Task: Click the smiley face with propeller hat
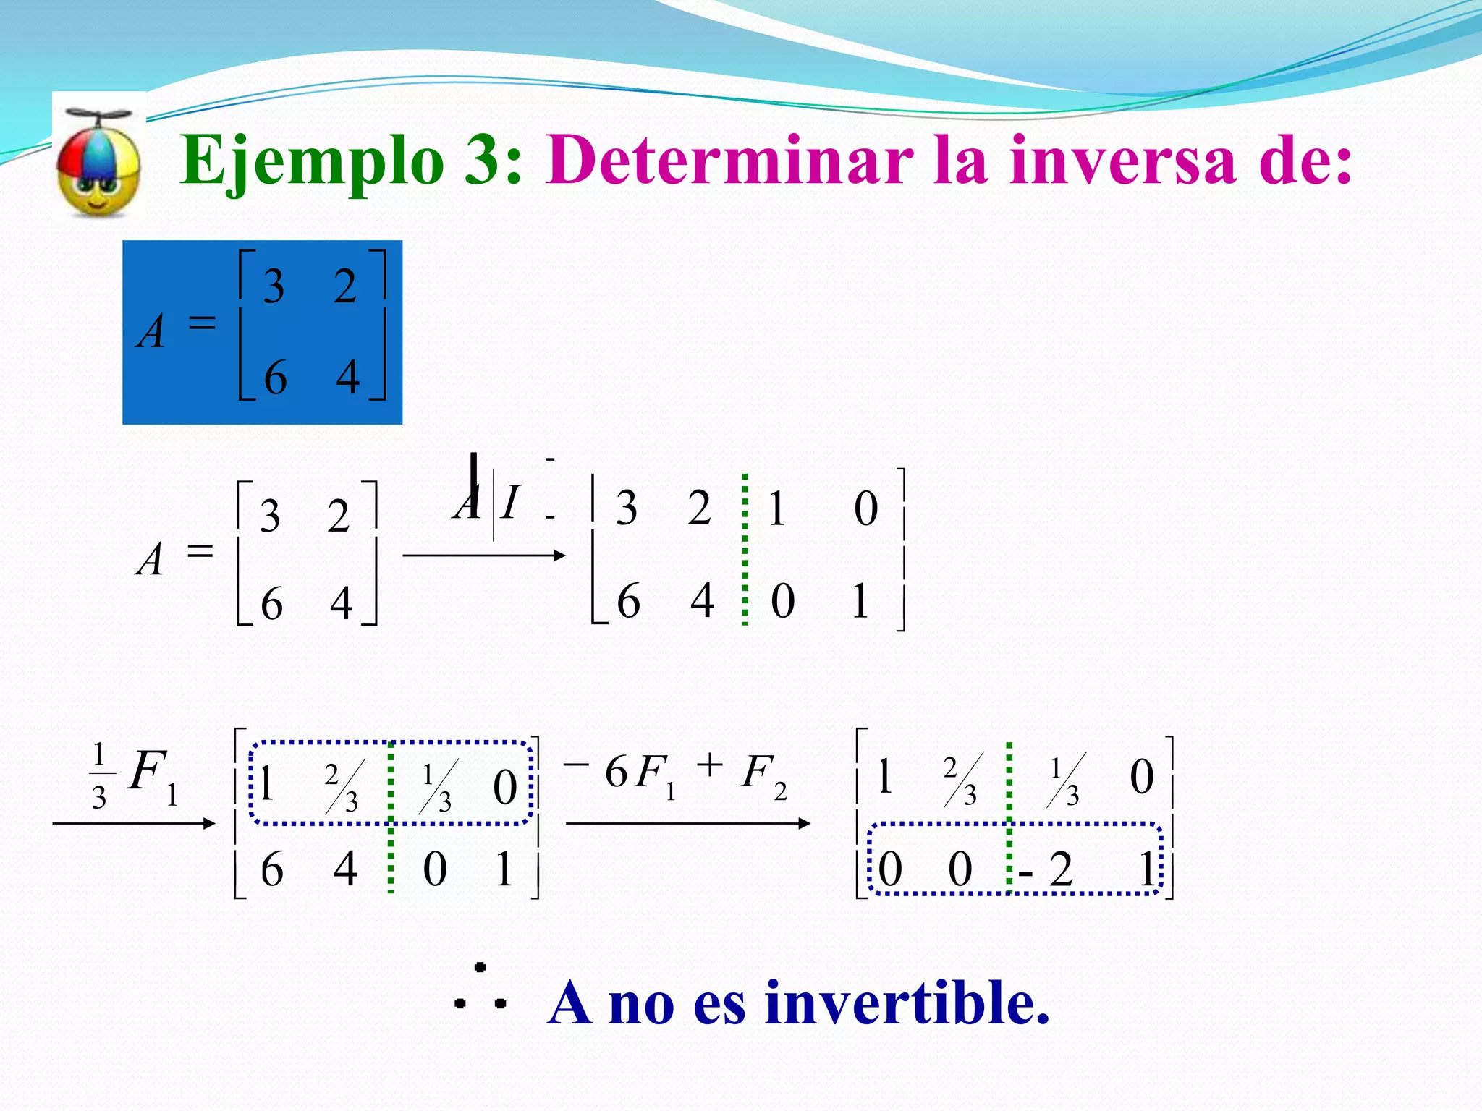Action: point(98,163)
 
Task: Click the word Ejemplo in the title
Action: point(311,161)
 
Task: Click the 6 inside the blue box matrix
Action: point(275,378)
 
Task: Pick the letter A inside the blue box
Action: point(151,333)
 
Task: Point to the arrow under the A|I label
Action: point(483,555)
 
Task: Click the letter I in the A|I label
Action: point(509,502)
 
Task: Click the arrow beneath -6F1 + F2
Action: point(687,823)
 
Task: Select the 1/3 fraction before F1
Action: point(99,776)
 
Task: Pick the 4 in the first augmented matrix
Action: point(702,600)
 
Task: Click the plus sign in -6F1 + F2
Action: point(710,765)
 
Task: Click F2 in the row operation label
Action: point(764,774)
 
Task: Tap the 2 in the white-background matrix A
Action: point(338,516)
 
